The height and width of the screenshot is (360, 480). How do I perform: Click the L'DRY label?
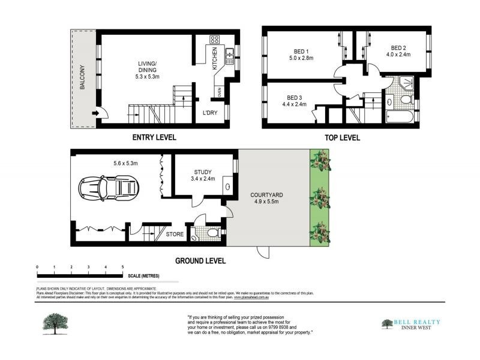(x=210, y=113)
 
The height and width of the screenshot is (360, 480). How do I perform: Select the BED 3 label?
(x=293, y=98)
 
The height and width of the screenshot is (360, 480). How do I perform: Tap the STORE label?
(x=175, y=234)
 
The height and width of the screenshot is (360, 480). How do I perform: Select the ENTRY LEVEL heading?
(x=154, y=137)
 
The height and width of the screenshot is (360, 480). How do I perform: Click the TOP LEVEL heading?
(x=342, y=137)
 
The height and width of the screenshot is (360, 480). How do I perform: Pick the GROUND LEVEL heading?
(x=200, y=261)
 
